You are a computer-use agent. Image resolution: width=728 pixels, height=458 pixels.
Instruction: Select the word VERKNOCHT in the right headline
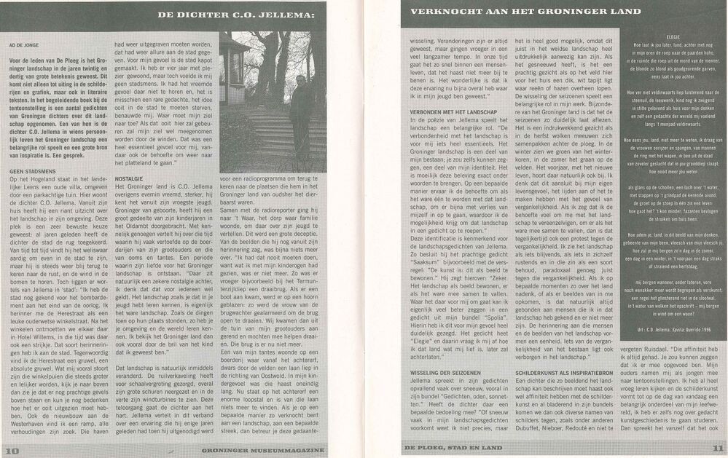[x=439, y=11]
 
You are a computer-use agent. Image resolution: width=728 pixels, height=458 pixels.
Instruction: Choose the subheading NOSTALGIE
[x=130, y=177]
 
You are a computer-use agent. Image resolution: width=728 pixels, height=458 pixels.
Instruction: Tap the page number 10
[x=11, y=449]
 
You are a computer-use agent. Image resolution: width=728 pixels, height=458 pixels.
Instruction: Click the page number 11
[x=717, y=449]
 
